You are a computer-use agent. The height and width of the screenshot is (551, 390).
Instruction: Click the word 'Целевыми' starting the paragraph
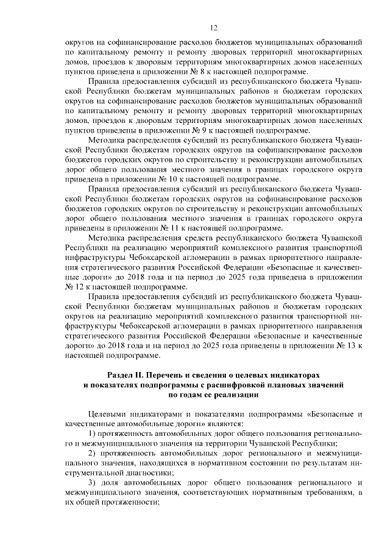pyautogui.click(x=107, y=414)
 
